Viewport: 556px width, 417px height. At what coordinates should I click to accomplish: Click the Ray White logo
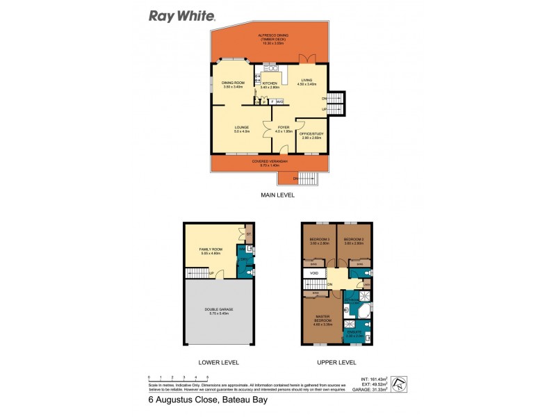point(182,15)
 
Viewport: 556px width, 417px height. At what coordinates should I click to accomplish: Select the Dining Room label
point(233,84)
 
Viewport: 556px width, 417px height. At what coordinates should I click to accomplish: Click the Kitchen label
point(270,85)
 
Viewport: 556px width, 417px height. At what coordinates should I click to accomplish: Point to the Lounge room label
point(241,129)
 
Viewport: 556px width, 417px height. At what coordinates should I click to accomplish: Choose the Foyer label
point(284,129)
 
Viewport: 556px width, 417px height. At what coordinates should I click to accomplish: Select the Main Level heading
point(277,195)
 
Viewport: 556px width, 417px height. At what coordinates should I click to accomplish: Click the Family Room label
point(211,250)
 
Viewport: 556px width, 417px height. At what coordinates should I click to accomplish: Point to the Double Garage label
point(219,311)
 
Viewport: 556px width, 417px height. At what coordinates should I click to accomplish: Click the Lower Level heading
point(219,362)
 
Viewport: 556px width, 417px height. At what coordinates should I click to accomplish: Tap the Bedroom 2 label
point(318,240)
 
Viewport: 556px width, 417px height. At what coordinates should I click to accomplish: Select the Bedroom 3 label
point(354,240)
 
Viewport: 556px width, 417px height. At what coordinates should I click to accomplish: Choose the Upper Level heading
point(337,362)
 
